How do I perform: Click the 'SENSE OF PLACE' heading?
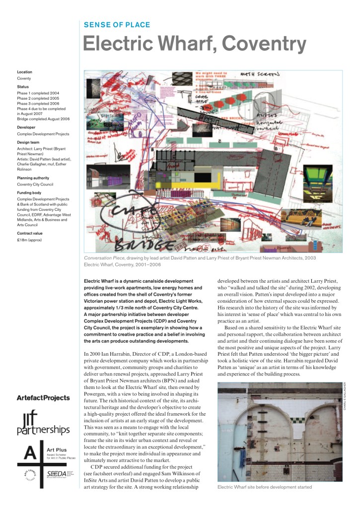pyautogui.click(x=117, y=25)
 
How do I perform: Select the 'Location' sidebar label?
pyautogui.click(x=25, y=72)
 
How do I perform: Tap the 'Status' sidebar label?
pyautogui.click(x=23, y=86)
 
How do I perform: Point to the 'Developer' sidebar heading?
pyautogui.click(x=27, y=127)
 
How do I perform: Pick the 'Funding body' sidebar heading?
pyautogui.click(x=30, y=192)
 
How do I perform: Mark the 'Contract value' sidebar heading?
pyautogui.click(x=31, y=233)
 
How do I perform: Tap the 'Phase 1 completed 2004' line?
pyautogui.click(x=38, y=93)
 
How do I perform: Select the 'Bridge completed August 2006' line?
pyautogui.click(x=43, y=119)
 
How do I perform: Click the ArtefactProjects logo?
pyautogui.click(x=43, y=398)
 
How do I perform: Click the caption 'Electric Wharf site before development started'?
pyautogui.click(x=265, y=487)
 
